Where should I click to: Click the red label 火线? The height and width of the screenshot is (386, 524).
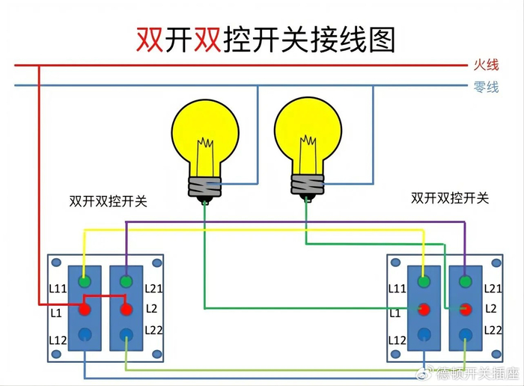coord(486,66)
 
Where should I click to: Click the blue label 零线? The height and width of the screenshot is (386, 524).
coord(486,87)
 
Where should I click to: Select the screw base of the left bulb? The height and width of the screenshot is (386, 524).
coord(204,188)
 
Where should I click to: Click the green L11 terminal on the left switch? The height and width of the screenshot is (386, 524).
coord(85,282)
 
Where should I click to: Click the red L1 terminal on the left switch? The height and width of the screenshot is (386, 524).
coord(85,308)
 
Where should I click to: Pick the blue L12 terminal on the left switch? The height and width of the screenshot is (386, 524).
coord(85,334)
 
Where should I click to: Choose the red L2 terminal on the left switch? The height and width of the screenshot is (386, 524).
coord(126,308)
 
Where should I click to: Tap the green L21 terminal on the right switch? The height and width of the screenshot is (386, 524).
coord(466,282)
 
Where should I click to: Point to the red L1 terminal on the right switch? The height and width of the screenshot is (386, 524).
coord(424,308)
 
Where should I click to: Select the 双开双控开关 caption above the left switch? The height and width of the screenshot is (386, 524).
coord(108,201)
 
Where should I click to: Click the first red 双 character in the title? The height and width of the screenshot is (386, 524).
coord(150,38)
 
